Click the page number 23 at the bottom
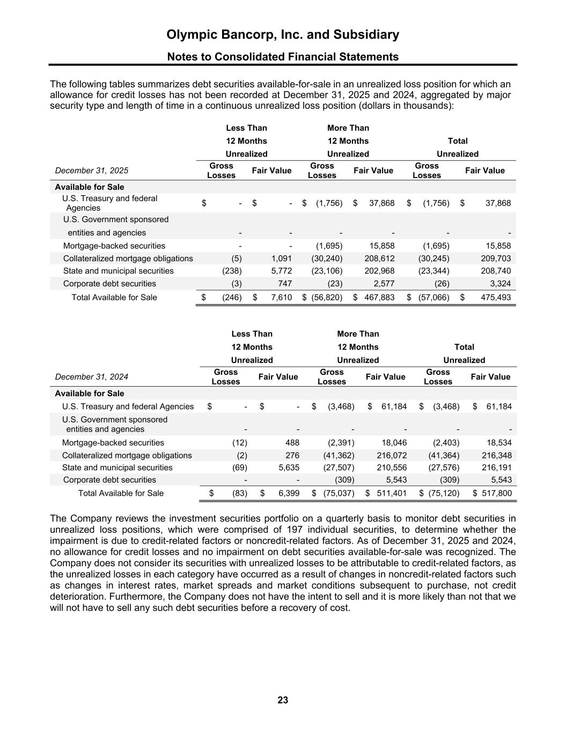[x=283, y=700]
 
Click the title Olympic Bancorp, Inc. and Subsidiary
[x=283, y=35]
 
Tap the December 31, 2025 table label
[x=92, y=171]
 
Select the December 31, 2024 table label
[x=92, y=377]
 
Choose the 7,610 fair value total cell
[x=281, y=297]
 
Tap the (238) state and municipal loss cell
[x=232, y=271]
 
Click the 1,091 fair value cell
[x=281, y=258]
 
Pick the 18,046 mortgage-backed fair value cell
[x=393, y=443]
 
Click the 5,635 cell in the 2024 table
[x=289, y=468]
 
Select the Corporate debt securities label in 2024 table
[x=109, y=480]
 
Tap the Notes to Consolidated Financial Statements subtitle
[x=283, y=57]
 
